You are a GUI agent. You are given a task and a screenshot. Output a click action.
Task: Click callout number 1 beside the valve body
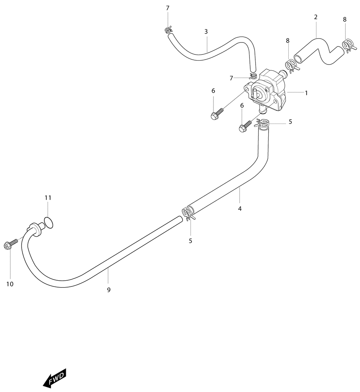(x=306, y=93)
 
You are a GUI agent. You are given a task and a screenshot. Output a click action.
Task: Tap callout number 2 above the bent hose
(x=316, y=17)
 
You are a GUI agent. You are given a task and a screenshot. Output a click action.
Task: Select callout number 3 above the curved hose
(x=206, y=31)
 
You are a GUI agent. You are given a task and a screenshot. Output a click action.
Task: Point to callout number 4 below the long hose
(x=240, y=209)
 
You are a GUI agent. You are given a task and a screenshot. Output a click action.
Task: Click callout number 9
(x=109, y=290)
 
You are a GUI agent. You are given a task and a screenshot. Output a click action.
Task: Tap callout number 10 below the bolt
(x=10, y=284)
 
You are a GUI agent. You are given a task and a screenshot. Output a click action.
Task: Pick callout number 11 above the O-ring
(x=48, y=198)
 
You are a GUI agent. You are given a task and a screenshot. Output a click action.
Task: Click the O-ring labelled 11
(x=49, y=223)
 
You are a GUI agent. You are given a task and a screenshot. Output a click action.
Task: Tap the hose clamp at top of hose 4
(x=262, y=123)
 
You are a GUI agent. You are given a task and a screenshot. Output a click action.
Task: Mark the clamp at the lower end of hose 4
(x=188, y=214)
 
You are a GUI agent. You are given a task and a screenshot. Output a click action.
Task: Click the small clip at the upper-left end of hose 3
(x=168, y=30)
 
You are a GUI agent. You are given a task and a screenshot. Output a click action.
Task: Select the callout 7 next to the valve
(x=231, y=78)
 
